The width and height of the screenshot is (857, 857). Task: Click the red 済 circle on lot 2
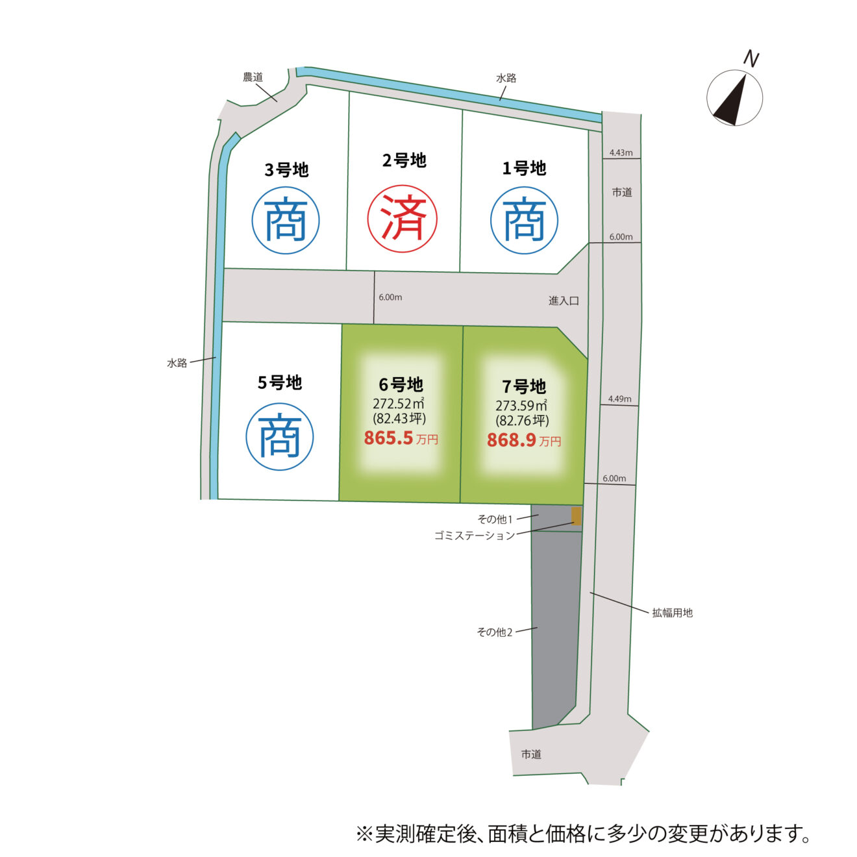coord(402,219)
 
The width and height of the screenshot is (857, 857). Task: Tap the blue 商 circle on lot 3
coord(286,220)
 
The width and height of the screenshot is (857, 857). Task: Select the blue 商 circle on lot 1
coord(524,220)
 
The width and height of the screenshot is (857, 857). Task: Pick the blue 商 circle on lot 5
coord(279,436)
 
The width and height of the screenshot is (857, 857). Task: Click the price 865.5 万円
coord(401,438)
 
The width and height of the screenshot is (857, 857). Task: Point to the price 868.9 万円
coord(524,440)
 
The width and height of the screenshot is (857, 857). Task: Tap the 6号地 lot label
coord(401,385)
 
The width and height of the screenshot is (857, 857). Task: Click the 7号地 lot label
coord(524,386)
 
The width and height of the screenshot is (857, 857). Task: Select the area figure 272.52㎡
coord(398,403)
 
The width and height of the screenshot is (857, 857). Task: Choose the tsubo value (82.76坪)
coord(523,420)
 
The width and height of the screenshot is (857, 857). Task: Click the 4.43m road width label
coord(621,153)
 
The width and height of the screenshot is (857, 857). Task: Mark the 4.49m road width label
coord(619,399)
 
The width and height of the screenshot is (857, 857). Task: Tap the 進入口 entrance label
coord(564,301)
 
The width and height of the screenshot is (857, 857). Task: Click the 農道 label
coord(253,77)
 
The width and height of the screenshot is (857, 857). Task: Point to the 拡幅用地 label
coord(673,613)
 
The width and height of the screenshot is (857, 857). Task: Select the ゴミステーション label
coord(475,536)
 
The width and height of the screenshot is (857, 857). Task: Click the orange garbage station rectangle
coord(576,516)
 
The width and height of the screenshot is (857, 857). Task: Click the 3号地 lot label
coord(286,170)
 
